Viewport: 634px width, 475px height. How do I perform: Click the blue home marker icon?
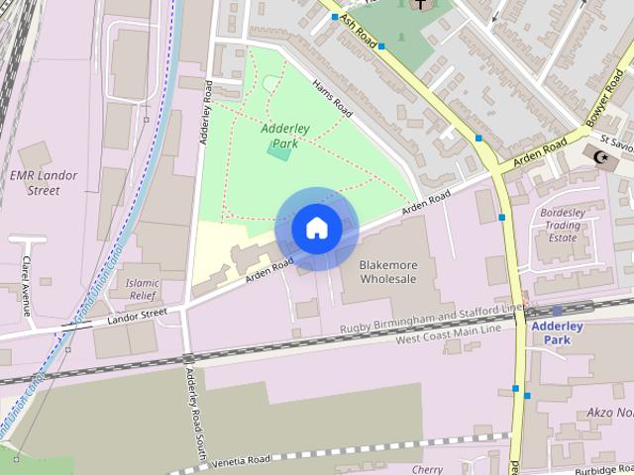(x=316, y=228)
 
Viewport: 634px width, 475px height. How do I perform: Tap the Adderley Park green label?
(x=279, y=136)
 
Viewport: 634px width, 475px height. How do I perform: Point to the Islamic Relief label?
(x=143, y=289)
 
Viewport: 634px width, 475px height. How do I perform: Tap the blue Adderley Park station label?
(x=557, y=332)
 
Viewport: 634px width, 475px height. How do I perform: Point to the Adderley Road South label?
(x=193, y=416)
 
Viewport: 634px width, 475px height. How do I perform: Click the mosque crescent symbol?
(x=597, y=155)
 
